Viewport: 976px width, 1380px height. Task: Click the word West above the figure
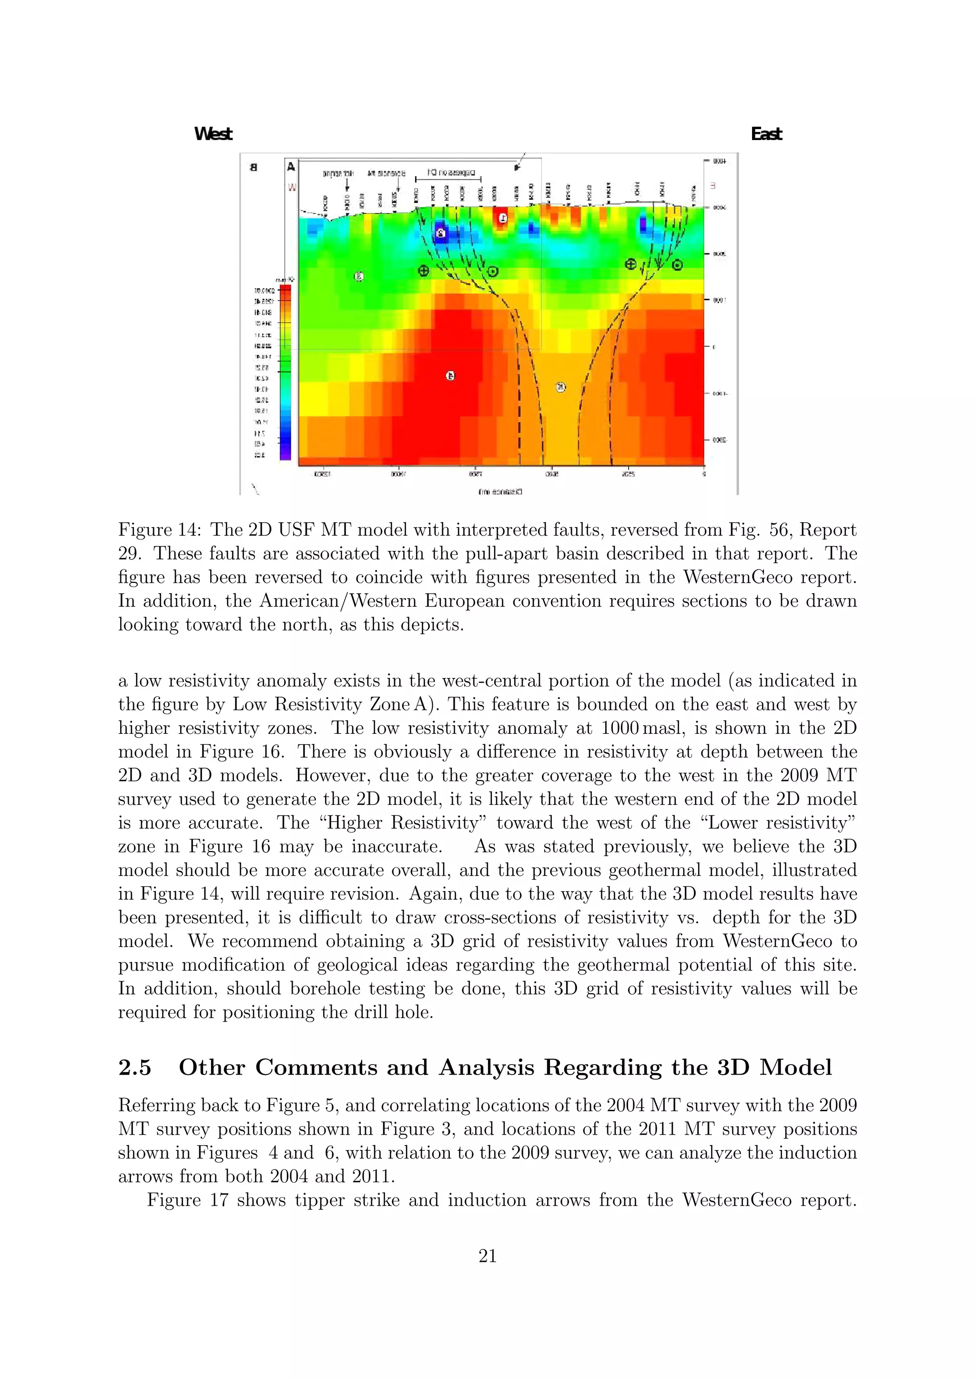click(213, 134)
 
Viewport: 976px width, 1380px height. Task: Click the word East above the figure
click(766, 134)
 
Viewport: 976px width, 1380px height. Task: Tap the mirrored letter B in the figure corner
click(254, 168)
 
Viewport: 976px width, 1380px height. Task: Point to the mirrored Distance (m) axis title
click(500, 492)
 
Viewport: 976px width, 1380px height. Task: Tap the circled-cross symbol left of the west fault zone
click(424, 271)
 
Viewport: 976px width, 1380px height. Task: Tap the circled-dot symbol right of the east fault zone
click(677, 265)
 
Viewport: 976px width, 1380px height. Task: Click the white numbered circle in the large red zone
click(450, 375)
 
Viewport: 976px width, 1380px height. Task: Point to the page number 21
click(488, 1256)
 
